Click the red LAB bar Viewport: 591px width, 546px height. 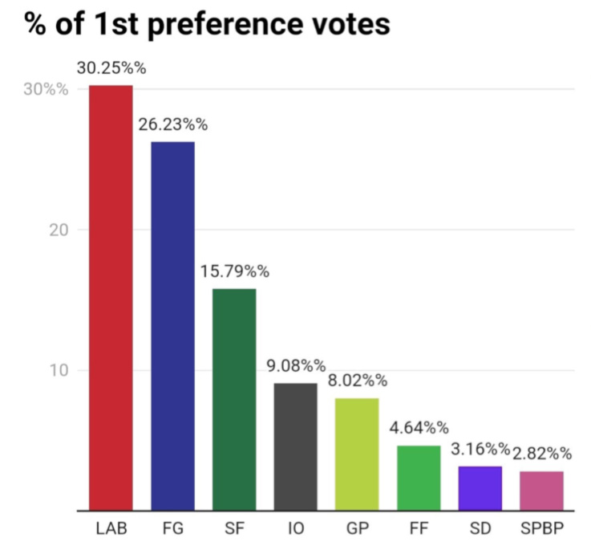point(111,297)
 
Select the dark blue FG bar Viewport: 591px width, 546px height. point(172,325)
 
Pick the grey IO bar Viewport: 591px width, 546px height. point(296,446)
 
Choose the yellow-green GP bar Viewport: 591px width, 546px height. point(357,454)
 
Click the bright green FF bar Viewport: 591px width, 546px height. point(419,478)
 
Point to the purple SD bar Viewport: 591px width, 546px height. point(480,488)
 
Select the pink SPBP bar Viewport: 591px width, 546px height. point(541,491)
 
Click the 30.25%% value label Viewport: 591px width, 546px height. point(111,68)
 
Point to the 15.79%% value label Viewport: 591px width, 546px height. point(234,271)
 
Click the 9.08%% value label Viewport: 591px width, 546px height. point(296,366)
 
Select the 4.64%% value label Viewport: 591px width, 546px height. point(419,428)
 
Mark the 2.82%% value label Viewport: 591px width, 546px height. point(543,454)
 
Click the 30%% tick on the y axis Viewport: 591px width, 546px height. point(45,89)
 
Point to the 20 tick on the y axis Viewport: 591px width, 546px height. point(56,230)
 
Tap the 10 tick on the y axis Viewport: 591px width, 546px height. point(56,370)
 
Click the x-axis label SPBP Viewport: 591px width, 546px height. point(542,530)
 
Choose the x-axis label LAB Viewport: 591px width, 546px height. point(111,530)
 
